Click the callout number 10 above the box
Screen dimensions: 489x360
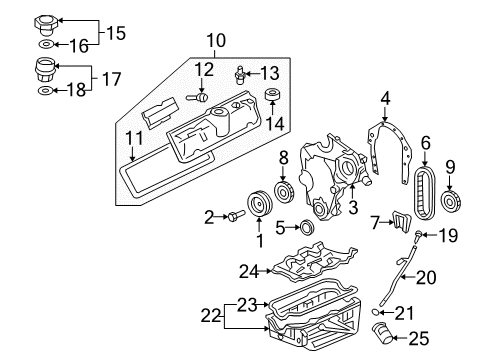pos(216,40)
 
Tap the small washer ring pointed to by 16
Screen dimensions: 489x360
pos(46,44)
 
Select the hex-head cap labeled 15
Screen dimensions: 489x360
pos(46,25)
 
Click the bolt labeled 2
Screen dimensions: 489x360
pos(236,215)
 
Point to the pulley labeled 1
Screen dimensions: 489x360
pos(259,204)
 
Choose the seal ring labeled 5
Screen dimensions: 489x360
pos(307,227)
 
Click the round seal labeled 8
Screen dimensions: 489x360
pos(284,191)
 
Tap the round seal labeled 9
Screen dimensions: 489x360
pos(450,201)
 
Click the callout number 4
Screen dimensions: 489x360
pos(385,98)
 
